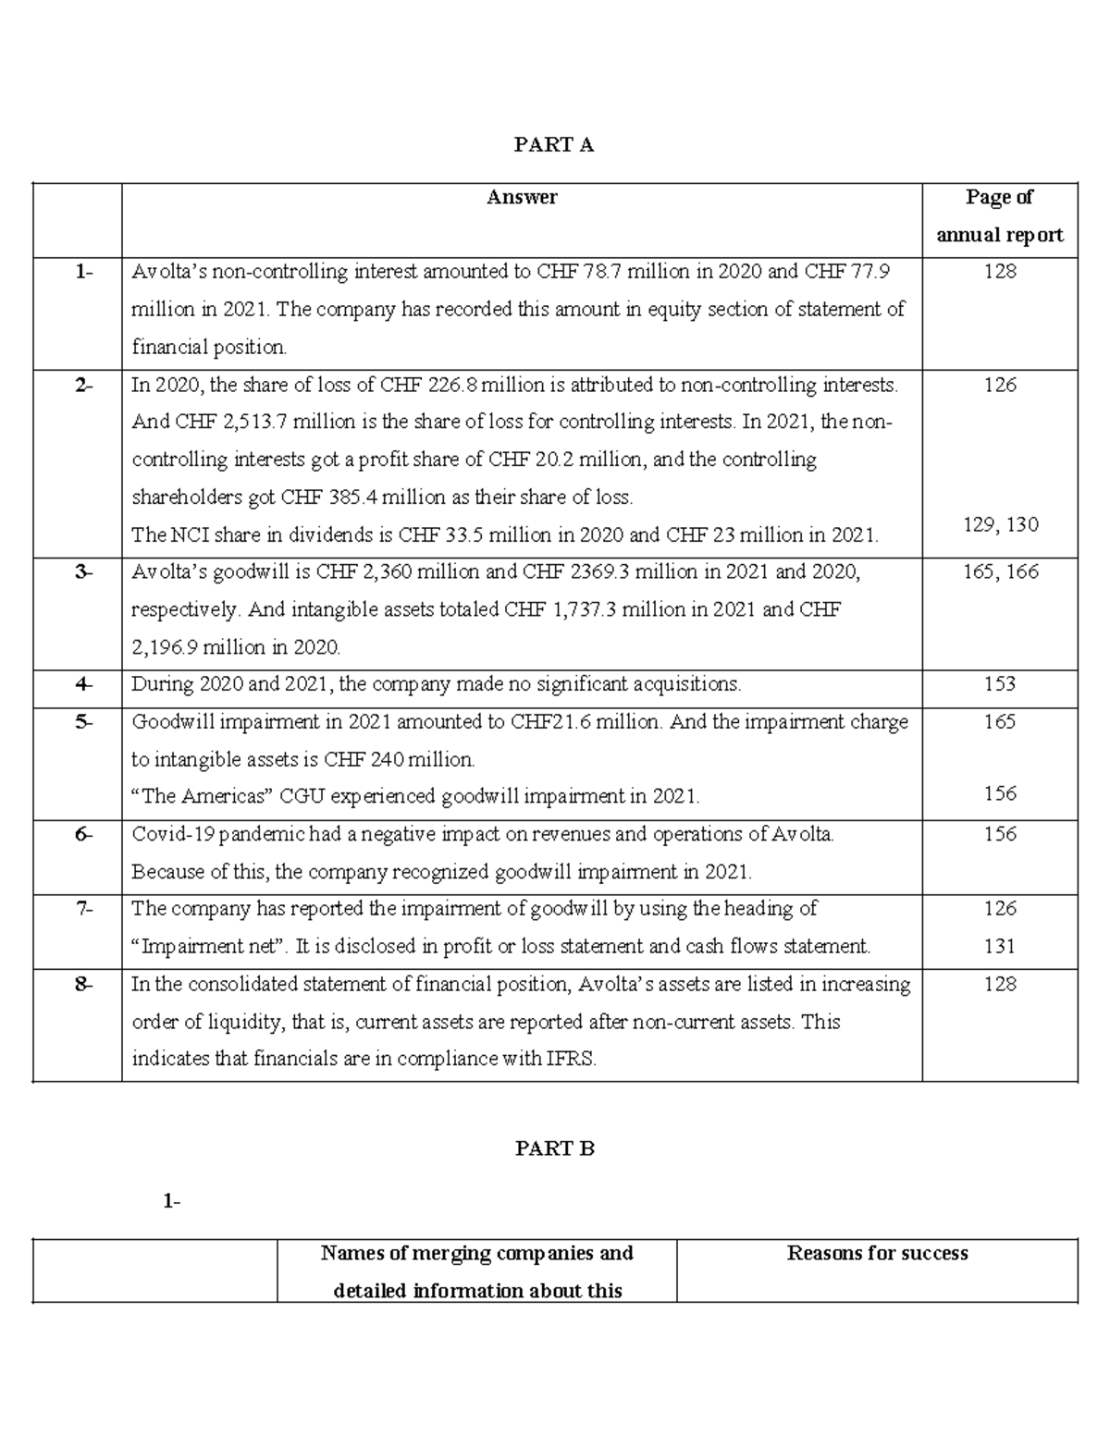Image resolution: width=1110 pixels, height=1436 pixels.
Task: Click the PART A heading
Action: (x=554, y=144)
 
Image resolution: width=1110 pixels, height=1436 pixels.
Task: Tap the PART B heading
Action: (x=554, y=1148)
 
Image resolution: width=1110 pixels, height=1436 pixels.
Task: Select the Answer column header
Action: (x=522, y=197)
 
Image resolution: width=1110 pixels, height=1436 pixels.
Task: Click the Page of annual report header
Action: (x=999, y=215)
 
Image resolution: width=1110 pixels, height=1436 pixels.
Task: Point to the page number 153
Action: (x=1000, y=684)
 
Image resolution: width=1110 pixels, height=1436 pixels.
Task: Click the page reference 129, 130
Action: (x=1000, y=525)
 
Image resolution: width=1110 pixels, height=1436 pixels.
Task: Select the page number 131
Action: (x=1000, y=946)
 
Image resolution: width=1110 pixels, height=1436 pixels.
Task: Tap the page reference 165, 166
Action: (x=1000, y=572)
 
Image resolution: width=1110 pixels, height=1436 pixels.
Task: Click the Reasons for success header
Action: (x=877, y=1254)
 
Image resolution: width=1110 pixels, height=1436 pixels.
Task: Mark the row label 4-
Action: (x=84, y=684)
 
